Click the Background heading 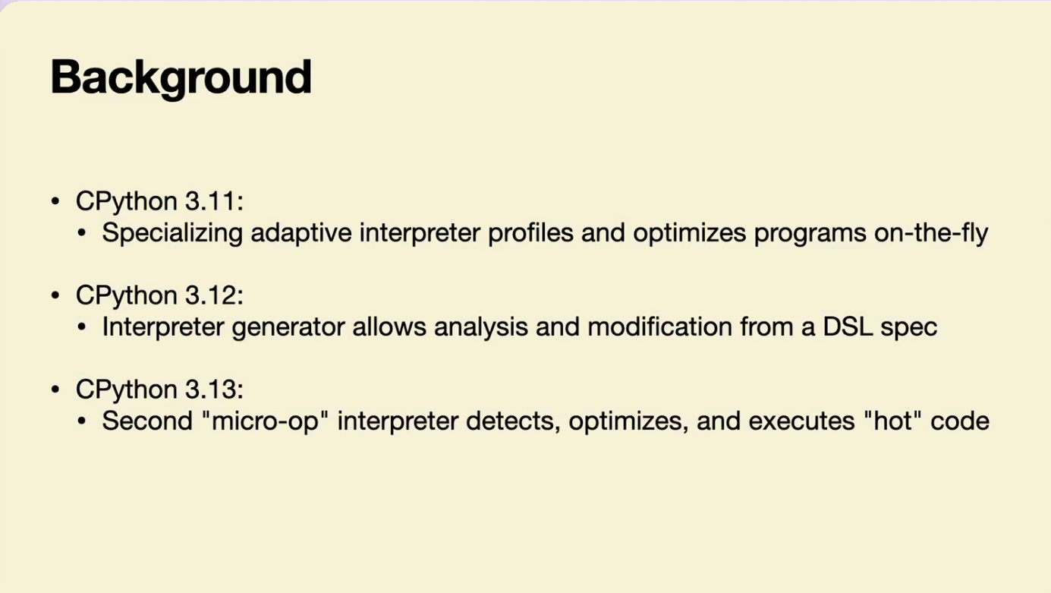[x=181, y=78]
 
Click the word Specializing [x=172, y=233]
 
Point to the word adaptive [x=301, y=232]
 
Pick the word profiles [x=530, y=233]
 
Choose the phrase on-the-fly [x=931, y=233]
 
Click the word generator [x=288, y=327]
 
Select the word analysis [x=481, y=327]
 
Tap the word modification [x=659, y=326]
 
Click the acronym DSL [x=848, y=326]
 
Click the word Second [x=147, y=420]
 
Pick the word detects [x=513, y=421]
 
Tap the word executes [x=801, y=421]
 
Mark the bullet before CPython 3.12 [x=55, y=296]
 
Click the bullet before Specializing [x=82, y=233]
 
